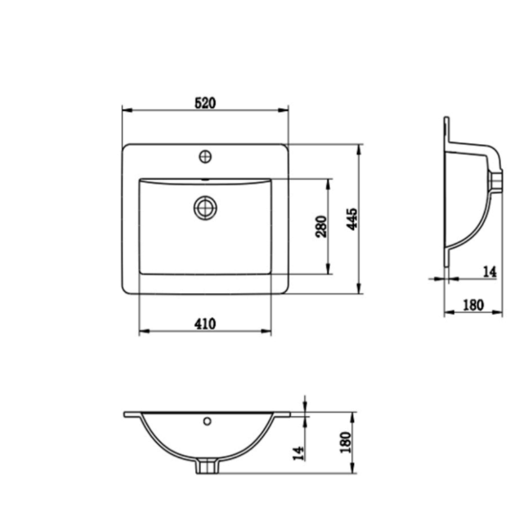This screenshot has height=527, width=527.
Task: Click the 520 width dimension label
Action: (205, 103)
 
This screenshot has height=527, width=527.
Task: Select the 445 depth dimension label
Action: (353, 219)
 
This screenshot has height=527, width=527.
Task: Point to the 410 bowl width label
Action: (205, 324)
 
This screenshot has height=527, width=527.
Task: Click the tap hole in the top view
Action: (205, 156)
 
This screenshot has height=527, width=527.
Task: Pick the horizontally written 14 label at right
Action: (490, 271)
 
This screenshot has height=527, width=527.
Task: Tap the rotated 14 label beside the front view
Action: (298, 452)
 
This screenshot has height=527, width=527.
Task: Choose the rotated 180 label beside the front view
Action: (345, 443)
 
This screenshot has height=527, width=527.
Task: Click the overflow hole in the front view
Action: (207, 421)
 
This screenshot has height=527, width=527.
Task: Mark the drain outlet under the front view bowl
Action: (207, 466)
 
